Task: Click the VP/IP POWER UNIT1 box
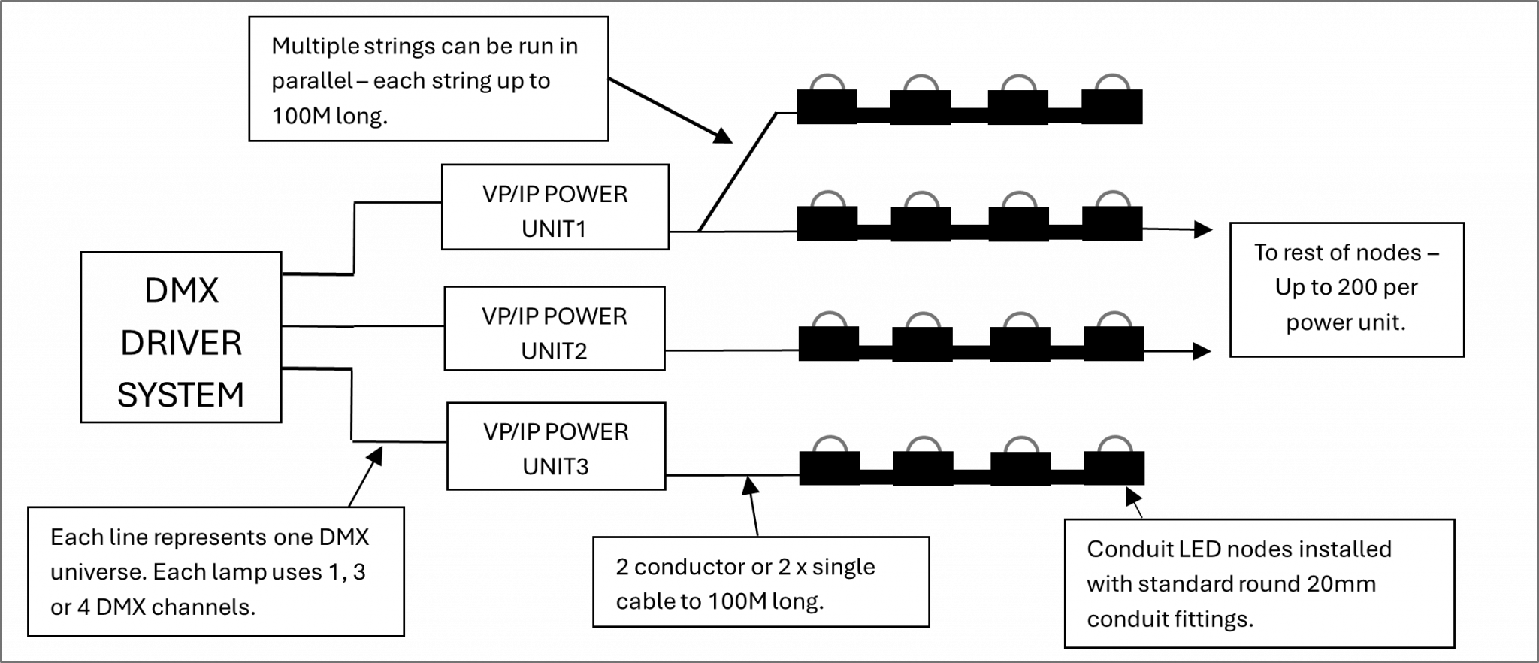pos(555,207)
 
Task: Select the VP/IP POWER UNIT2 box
pos(554,329)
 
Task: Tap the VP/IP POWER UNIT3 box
pos(556,447)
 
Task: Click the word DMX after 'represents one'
pos(344,537)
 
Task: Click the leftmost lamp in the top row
pos(827,83)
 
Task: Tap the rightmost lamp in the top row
pos(1112,83)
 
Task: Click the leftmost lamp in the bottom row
pos(830,444)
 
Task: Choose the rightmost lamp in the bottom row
pos(1115,444)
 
